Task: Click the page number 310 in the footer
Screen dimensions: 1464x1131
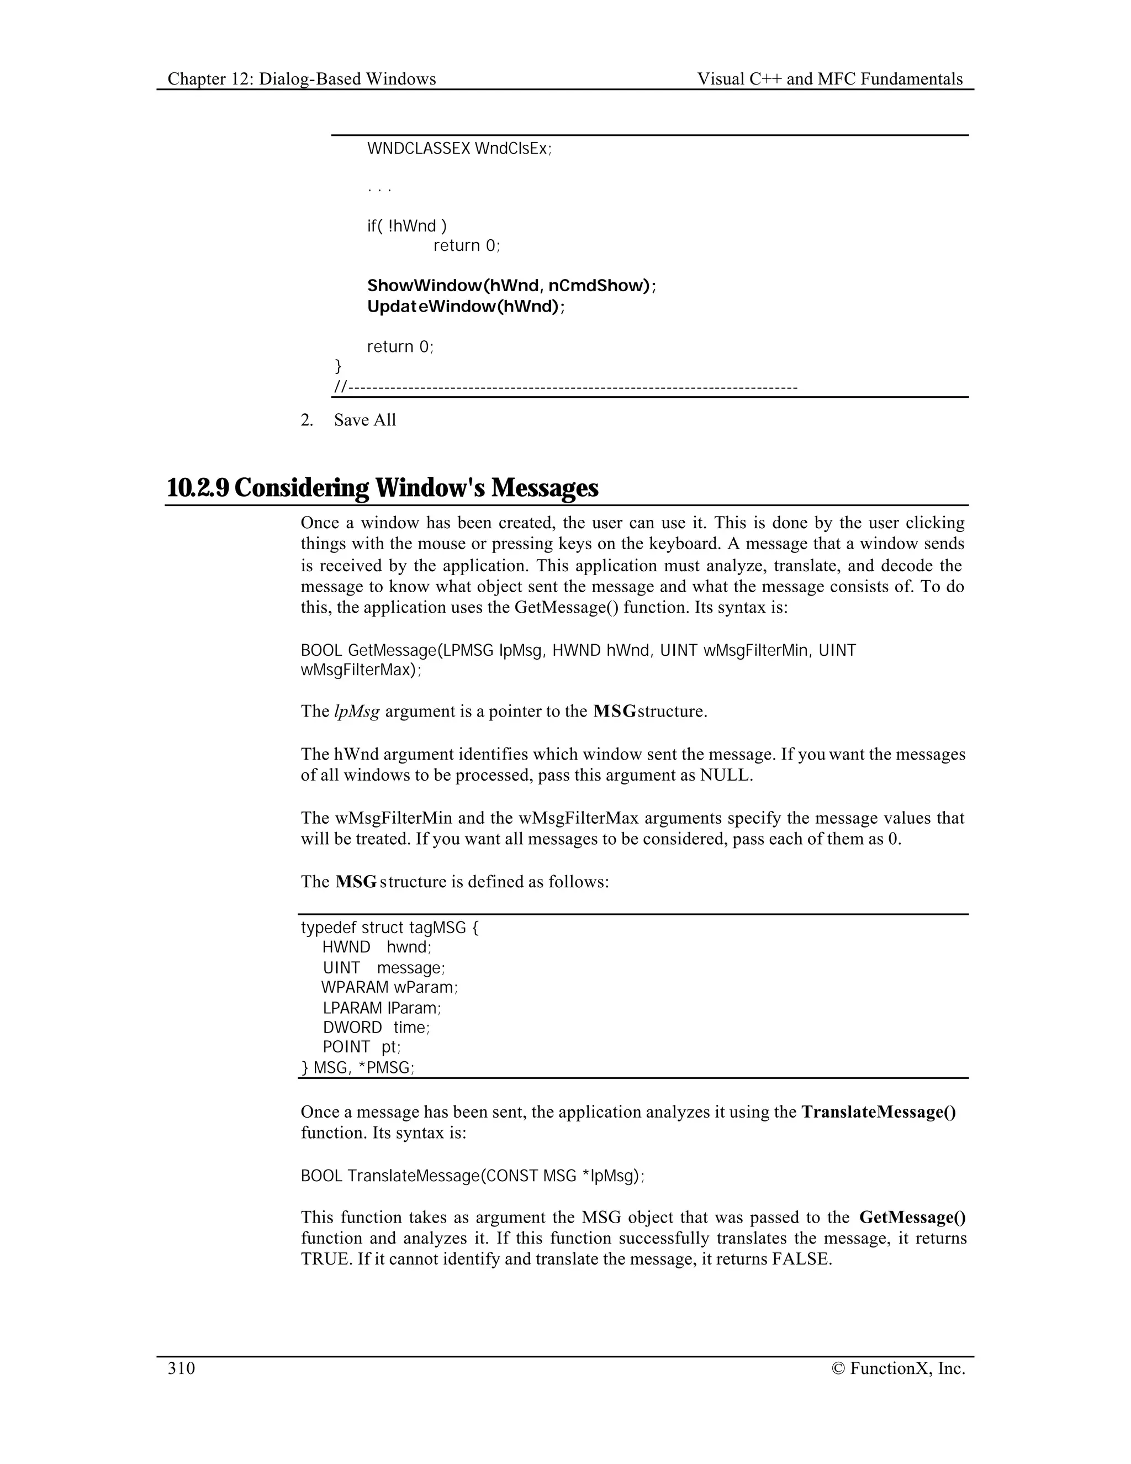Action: pyautogui.click(x=181, y=1368)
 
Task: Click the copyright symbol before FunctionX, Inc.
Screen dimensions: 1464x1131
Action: pyautogui.click(x=838, y=1368)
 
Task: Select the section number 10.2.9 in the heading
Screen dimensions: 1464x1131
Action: pyautogui.click(x=198, y=487)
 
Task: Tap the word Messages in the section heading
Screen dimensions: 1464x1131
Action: pyautogui.click(x=544, y=487)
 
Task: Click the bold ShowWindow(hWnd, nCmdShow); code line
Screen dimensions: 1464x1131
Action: pyautogui.click(x=512, y=286)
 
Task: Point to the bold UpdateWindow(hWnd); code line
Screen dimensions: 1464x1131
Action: pyautogui.click(x=466, y=307)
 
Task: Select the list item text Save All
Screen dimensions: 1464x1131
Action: pyautogui.click(x=365, y=420)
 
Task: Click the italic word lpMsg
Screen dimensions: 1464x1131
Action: pyautogui.click(x=356, y=710)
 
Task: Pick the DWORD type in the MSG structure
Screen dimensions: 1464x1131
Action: pyautogui.click(x=352, y=1028)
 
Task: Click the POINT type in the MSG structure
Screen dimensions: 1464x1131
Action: pyautogui.click(x=346, y=1047)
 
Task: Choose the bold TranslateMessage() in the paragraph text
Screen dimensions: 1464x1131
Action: pyautogui.click(x=879, y=1112)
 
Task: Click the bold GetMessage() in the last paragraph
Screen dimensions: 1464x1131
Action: pyautogui.click(x=912, y=1217)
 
